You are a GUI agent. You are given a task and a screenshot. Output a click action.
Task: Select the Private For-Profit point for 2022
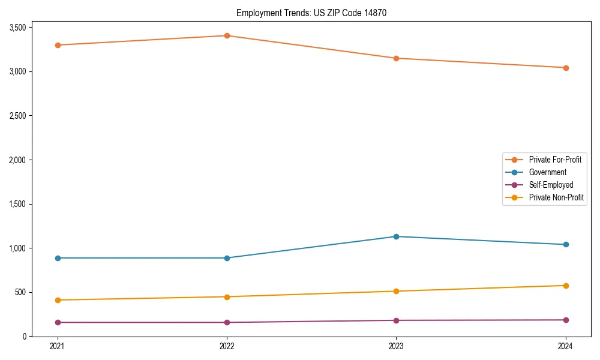pyautogui.click(x=227, y=35)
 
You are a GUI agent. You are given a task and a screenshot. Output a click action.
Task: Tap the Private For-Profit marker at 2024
pyautogui.click(x=566, y=68)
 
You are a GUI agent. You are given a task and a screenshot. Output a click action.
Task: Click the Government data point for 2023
pyautogui.click(x=396, y=236)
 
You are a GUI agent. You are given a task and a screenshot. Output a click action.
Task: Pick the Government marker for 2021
pyautogui.click(x=58, y=258)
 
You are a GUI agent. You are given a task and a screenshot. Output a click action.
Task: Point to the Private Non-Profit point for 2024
pyautogui.click(x=566, y=286)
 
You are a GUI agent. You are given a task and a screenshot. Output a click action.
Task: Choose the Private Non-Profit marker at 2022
pyautogui.click(x=227, y=297)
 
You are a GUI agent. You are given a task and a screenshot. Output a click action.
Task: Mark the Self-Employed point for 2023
pyautogui.click(x=396, y=320)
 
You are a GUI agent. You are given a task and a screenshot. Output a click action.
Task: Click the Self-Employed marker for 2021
pyautogui.click(x=58, y=322)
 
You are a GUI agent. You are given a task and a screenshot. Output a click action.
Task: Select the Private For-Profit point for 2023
pyautogui.click(x=396, y=58)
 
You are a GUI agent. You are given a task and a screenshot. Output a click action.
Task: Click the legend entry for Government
pyautogui.click(x=547, y=172)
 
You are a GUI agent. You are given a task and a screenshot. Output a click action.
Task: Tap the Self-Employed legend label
pyautogui.click(x=551, y=185)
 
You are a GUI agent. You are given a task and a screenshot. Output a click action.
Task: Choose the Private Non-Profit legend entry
pyautogui.click(x=556, y=197)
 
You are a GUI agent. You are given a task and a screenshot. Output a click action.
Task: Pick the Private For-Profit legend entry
pyautogui.click(x=555, y=160)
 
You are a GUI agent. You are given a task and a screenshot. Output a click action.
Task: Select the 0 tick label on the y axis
pyautogui.click(x=25, y=337)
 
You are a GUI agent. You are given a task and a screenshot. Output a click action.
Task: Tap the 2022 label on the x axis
pyautogui.click(x=227, y=346)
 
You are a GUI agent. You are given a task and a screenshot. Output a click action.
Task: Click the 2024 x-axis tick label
pyautogui.click(x=566, y=346)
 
